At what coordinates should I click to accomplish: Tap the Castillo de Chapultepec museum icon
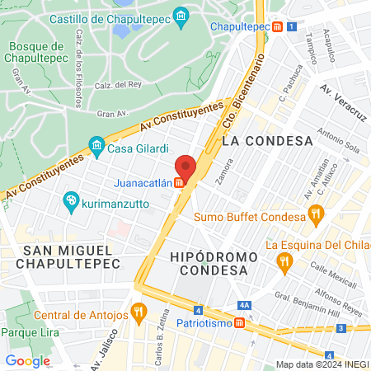pyautogui.click(x=181, y=16)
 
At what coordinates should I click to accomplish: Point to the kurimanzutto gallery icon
pyautogui.click(x=71, y=200)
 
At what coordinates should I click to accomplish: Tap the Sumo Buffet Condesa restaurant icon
pyautogui.click(x=314, y=218)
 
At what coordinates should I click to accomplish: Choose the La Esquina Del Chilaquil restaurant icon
pyautogui.click(x=285, y=263)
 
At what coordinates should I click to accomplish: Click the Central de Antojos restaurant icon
pyautogui.click(x=139, y=314)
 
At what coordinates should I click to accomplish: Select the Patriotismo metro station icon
pyautogui.click(x=239, y=323)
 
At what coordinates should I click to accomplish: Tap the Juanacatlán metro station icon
pyautogui.click(x=179, y=183)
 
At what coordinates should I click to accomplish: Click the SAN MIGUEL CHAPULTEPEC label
pyautogui.click(x=72, y=256)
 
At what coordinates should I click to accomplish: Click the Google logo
pyautogui.click(x=28, y=360)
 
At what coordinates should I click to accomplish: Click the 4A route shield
pyautogui.click(x=244, y=304)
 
